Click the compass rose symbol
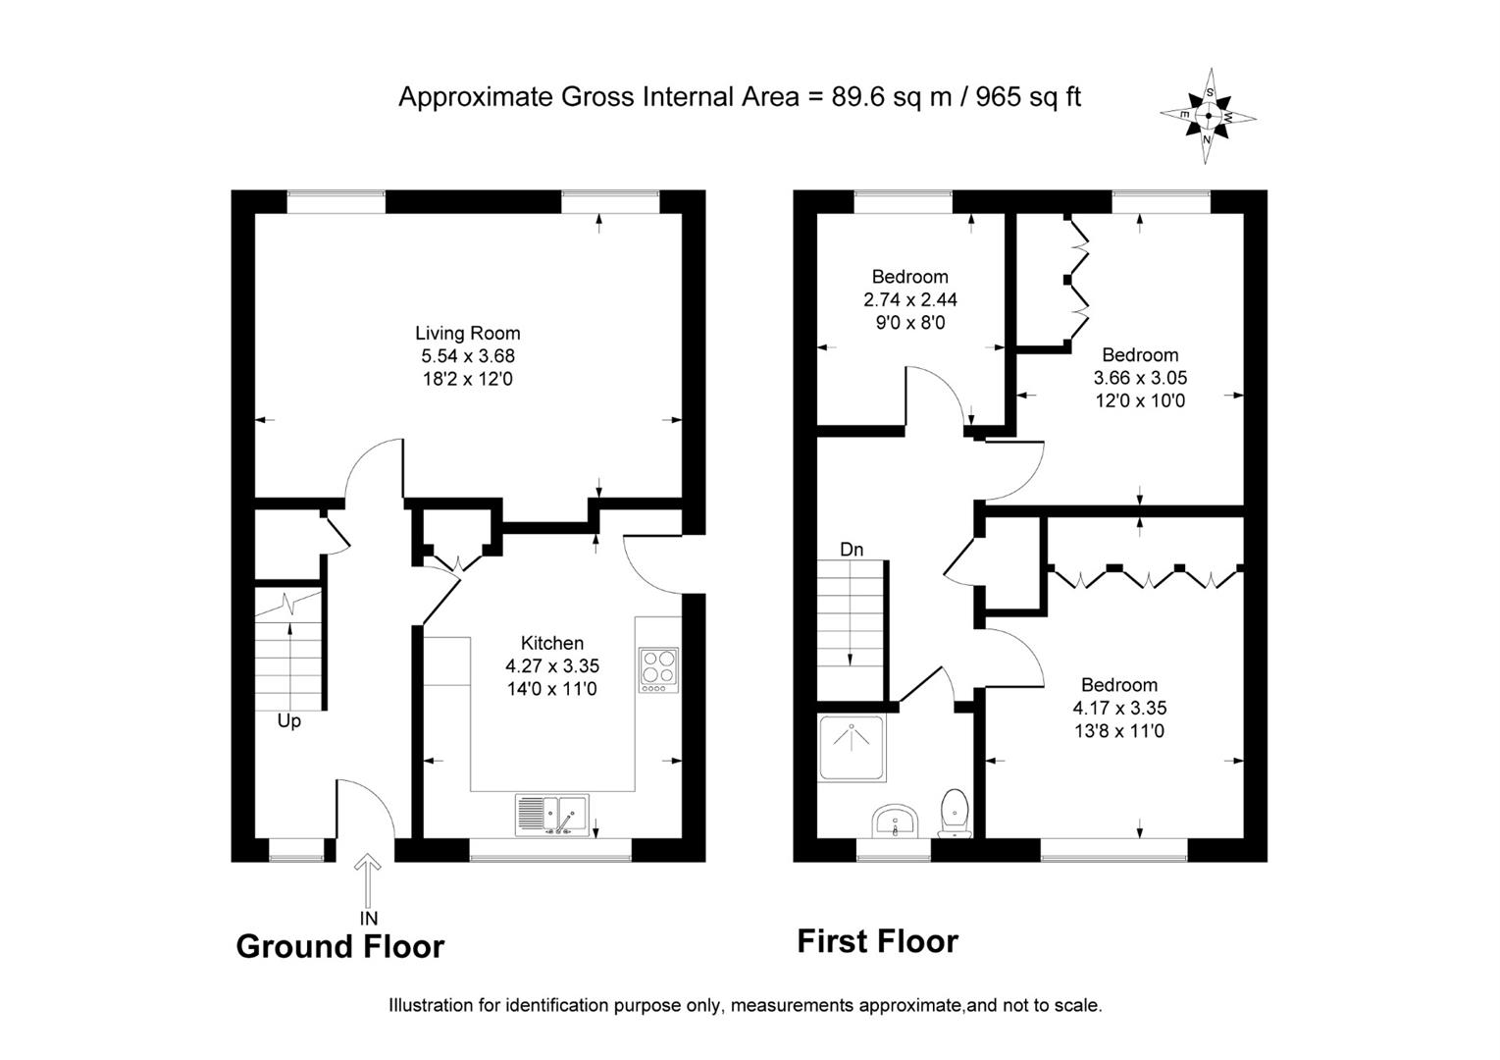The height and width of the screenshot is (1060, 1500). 1209,116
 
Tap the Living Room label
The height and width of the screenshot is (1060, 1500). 467,334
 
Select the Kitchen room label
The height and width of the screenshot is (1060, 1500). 551,644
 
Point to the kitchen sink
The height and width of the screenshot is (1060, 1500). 552,815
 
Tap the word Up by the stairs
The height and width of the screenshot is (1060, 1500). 288,721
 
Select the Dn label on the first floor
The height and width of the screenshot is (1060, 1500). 852,550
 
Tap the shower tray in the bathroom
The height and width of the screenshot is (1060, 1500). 852,748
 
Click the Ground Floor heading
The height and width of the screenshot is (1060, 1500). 339,946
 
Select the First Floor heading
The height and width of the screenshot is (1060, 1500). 877,941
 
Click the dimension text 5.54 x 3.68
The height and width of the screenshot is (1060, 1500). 467,356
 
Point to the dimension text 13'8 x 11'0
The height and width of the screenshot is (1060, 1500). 1119,730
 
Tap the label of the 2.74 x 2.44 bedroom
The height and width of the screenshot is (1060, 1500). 909,277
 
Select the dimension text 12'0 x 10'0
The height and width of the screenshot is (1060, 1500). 1140,400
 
